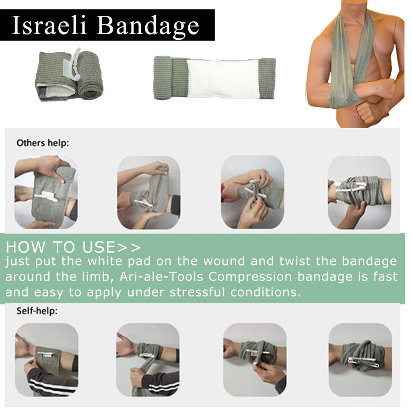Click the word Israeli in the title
point(49,25)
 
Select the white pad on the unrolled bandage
point(223,78)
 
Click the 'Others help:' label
point(43,143)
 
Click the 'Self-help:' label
point(37,311)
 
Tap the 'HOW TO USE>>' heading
point(73,247)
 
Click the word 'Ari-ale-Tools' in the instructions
point(161,277)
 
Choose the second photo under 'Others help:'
point(149,193)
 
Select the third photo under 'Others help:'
point(253,192)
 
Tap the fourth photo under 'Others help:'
point(359,193)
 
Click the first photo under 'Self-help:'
point(47,360)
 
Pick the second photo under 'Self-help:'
point(148,360)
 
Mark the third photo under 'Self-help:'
point(255,360)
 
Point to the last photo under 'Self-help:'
point(360,360)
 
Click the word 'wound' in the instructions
point(224,261)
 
